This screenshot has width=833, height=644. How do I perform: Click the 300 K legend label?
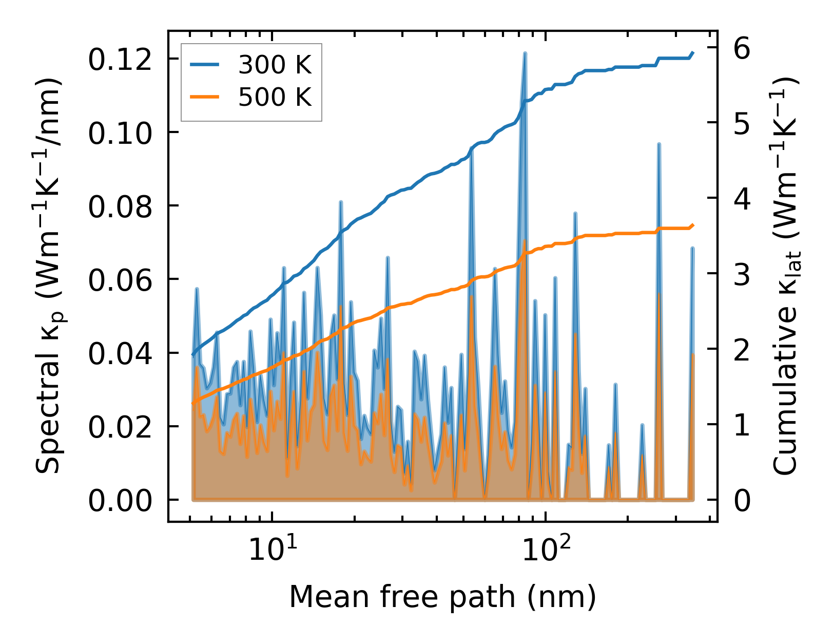tap(275, 65)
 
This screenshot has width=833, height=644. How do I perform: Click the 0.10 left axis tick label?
tap(120, 133)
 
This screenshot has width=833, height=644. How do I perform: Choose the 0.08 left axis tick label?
tap(120, 206)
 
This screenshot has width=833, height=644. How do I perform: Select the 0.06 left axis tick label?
tap(120, 280)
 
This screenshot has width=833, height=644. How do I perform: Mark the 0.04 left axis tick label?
tap(120, 354)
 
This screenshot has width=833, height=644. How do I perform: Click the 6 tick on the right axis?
tap(742, 48)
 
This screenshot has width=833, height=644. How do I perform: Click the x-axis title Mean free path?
tap(442, 597)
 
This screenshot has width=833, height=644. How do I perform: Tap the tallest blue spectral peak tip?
tap(525, 53)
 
